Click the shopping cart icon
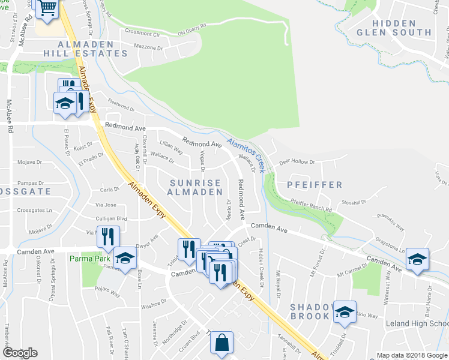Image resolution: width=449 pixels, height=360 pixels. pyautogui.click(x=47, y=8)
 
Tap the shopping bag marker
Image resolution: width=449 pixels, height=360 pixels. pyautogui.click(x=221, y=344)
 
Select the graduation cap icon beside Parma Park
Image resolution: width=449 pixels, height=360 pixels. pyautogui.click(x=124, y=258)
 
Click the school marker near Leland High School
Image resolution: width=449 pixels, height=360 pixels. pyautogui.click(x=417, y=259)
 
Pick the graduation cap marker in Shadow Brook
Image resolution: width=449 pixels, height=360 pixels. pyautogui.click(x=345, y=311)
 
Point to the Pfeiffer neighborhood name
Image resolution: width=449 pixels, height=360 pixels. pyautogui.click(x=314, y=185)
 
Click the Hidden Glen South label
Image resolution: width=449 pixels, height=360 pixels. pyautogui.click(x=394, y=27)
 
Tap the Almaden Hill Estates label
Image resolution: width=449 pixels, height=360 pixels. pyautogui.click(x=93, y=49)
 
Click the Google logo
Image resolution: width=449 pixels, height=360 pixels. pyautogui.click(x=20, y=353)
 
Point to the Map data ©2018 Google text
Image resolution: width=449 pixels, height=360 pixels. pyautogui.click(x=411, y=355)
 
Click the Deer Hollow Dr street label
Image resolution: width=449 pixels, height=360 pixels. pyautogui.click(x=297, y=161)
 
